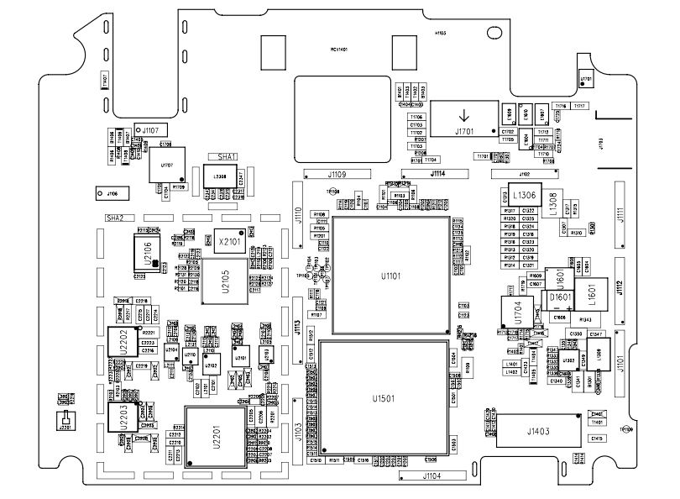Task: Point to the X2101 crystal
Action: pyautogui.click(x=229, y=241)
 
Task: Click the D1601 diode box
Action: pyautogui.click(x=560, y=298)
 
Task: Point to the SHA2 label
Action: pyautogui.click(x=114, y=218)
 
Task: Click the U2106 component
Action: pyautogui.click(x=148, y=254)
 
